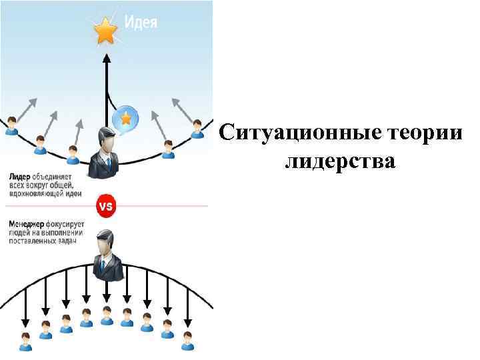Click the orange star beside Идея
point(105,31)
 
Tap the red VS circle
point(105,206)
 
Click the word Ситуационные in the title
point(301,132)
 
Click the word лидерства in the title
point(340,161)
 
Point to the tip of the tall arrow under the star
point(105,57)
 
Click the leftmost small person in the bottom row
point(25,341)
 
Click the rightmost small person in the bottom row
point(189,340)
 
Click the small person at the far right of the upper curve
point(197,128)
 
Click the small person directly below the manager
point(107,315)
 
